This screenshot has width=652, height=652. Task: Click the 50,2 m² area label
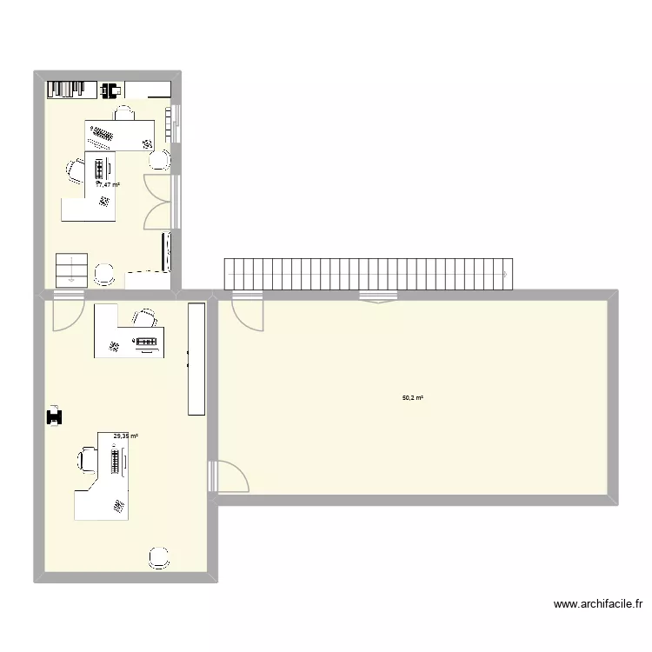point(412,398)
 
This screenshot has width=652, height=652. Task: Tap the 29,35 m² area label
point(126,436)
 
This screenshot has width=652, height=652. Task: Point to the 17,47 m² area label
point(108,184)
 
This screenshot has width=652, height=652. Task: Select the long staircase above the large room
point(369,273)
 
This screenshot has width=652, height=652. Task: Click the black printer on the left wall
point(56,416)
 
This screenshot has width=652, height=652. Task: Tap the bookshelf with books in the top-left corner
point(70,89)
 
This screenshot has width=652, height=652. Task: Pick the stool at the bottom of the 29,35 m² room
point(158,558)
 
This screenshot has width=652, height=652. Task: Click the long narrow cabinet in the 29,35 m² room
point(196,359)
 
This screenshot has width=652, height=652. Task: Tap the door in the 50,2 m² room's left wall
point(228,476)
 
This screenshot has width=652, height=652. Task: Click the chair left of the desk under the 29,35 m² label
point(87,459)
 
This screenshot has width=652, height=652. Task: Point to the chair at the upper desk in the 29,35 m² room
point(145,317)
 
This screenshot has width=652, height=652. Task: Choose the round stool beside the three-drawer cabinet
point(104,273)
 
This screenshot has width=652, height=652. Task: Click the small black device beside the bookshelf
point(110,89)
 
